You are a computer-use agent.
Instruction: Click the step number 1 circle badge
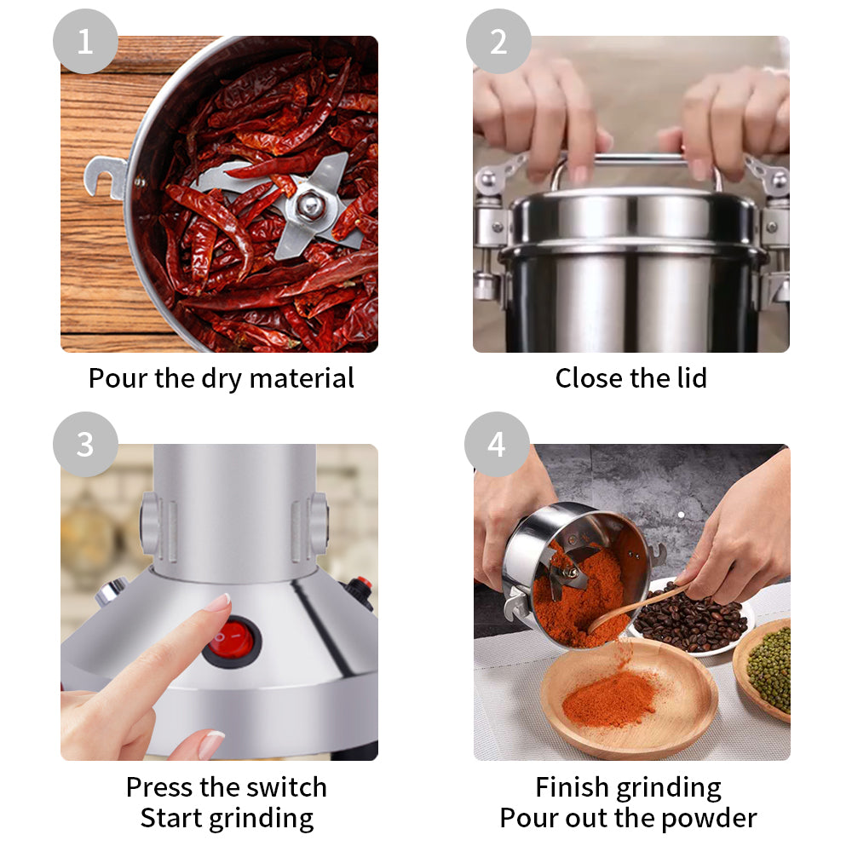pyautogui.click(x=85, y=42)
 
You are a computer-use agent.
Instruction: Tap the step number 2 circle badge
pyautogui.click(x=498, y=42)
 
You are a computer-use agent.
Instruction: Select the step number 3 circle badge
pyautogui.click(x=85, y=445)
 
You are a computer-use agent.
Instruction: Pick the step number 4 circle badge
pyautogui.click(x=497, y=445)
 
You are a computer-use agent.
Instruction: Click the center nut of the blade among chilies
pyautogui.click(x=310, y=204)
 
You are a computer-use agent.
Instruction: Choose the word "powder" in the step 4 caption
pyautogui.click(x=711, y=818)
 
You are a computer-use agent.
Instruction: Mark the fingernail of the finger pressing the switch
pyautogui.click(x=218, y=603)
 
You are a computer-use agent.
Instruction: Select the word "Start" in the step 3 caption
pyautogui.click(x=173, y=818)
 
